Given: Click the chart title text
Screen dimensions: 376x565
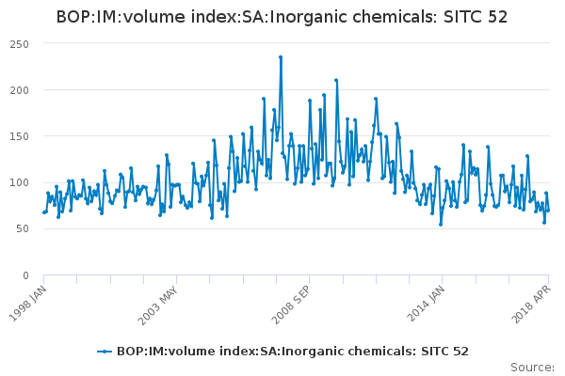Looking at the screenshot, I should (x=282, y=17).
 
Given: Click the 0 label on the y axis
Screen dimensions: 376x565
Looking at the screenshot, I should (x=26, y=275).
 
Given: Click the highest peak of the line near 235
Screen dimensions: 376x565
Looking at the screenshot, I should (x=281, y=57).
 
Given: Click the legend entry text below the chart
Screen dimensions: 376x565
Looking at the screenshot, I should (x=292, y=352).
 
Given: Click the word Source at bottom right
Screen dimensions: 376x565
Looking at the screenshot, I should (x=533, y=367).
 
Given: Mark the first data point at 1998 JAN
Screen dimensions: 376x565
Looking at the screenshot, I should (x=44, y=212).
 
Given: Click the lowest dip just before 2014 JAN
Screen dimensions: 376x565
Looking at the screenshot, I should (x=440, y=225).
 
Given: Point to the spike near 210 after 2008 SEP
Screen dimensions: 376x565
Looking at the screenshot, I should (x=336, y=81).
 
